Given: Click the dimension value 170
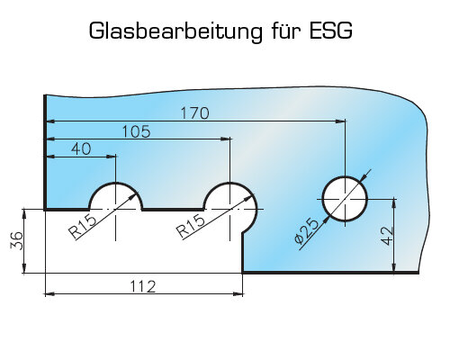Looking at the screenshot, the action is tap(194, 113).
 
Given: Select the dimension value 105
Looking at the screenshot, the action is tap(136, 131).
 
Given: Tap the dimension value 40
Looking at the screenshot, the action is tap(81, 148).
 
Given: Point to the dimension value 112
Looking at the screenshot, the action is tap(143, 286).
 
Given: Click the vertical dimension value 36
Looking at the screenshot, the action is tap(17, 240).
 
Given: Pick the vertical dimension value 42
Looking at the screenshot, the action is tap(387, 236).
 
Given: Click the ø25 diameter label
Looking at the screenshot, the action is tap(306, 231).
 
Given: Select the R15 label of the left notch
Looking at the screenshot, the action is tap(83, 228).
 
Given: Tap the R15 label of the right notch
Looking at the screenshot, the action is tap(191, 227).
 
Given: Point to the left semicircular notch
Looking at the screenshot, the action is tap(116, 183).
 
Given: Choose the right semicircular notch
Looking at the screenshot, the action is tap(230, 183).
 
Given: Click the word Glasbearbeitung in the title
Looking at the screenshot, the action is tap(175, 31).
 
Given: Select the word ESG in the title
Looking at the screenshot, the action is tap(330, 31).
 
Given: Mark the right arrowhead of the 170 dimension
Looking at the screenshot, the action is tap(341, 121).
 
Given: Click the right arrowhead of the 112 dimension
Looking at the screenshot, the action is tap(238, 294).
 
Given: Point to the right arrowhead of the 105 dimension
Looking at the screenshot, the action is tap(226, 139).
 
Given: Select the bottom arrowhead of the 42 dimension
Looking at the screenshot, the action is tap(394, 268).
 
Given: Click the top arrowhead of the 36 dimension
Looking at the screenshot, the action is tap(24, 214).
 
